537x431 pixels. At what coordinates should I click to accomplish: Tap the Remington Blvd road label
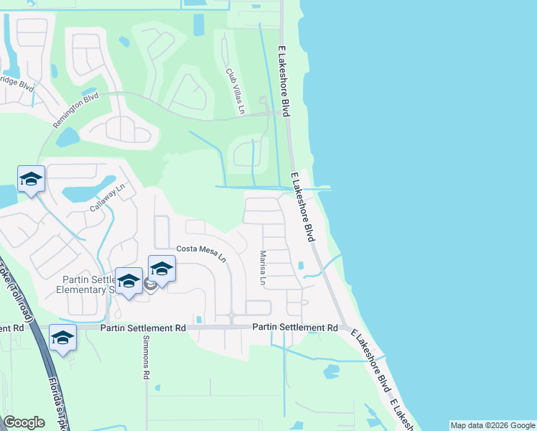75,111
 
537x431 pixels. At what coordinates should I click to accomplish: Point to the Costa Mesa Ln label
202,254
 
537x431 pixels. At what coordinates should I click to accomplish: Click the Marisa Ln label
263,269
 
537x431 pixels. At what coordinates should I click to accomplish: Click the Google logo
24,422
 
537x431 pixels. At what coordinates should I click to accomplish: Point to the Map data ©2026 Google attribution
492,425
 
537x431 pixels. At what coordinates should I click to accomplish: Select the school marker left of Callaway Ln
32,180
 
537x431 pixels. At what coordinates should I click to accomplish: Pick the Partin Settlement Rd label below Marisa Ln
295,328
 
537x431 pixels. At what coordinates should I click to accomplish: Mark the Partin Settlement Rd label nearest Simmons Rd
144,328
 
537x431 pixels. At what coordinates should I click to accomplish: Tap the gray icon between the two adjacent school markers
150,285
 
